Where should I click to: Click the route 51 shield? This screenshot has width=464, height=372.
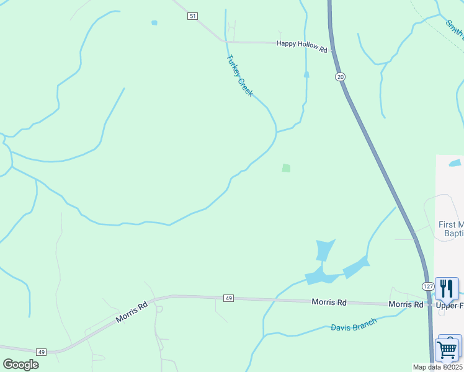point(193,16)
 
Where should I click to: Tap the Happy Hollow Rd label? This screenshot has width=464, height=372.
point(301,43)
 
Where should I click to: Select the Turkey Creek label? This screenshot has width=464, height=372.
point(239,76)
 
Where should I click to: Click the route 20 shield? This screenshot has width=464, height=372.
point(339,76)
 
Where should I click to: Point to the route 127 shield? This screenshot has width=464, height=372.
point(428,286)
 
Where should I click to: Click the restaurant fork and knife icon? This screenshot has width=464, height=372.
point(447,288)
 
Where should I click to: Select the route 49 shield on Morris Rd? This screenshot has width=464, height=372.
point(228,299)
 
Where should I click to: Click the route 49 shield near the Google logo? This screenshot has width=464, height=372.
point(42,352)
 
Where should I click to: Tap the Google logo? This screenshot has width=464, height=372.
point(20,365)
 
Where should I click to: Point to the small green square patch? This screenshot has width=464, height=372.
point(286,168)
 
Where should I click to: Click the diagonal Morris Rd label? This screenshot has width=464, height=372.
point(132,313)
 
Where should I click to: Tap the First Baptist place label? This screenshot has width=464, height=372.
point(450,229)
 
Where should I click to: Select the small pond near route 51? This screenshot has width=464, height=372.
point(154,23)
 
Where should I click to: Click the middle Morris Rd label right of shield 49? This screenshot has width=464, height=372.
point(329,303)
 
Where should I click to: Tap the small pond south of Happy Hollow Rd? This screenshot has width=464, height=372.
point(306,74)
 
